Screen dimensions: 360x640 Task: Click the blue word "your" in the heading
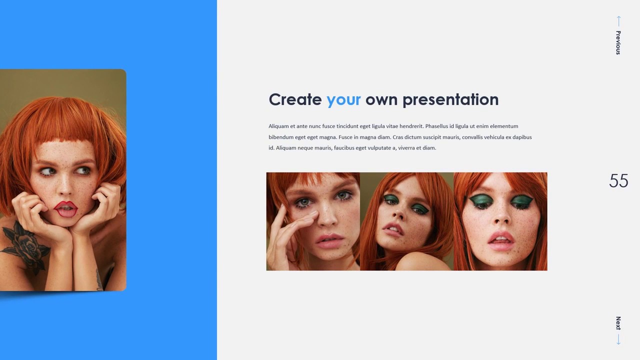(x=343, y=99)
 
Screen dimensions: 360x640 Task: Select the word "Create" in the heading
(x=295, y=99)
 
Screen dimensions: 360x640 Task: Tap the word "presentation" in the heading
(x=450, y=99)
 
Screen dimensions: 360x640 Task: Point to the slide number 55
(x=618, y=181)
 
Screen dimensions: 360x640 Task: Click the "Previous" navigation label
(x=618, y=42)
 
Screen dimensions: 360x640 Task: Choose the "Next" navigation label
(x=618, y=323)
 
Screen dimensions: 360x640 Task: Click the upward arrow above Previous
(x=618, y=21)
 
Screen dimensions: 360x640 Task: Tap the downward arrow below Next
(x=618, y=339)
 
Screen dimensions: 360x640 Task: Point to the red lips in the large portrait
(x=66, y=208)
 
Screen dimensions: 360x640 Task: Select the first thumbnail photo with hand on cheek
(x=313, y=221)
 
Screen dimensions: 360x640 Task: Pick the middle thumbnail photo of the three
(x=406, y=221)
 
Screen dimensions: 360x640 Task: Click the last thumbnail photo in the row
(x=500, y=221)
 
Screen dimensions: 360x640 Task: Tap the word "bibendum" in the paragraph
(x=281, y=137)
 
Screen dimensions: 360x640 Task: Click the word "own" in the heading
(x=381, y=99)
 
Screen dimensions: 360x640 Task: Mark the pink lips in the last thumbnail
(x=500, y=241)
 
